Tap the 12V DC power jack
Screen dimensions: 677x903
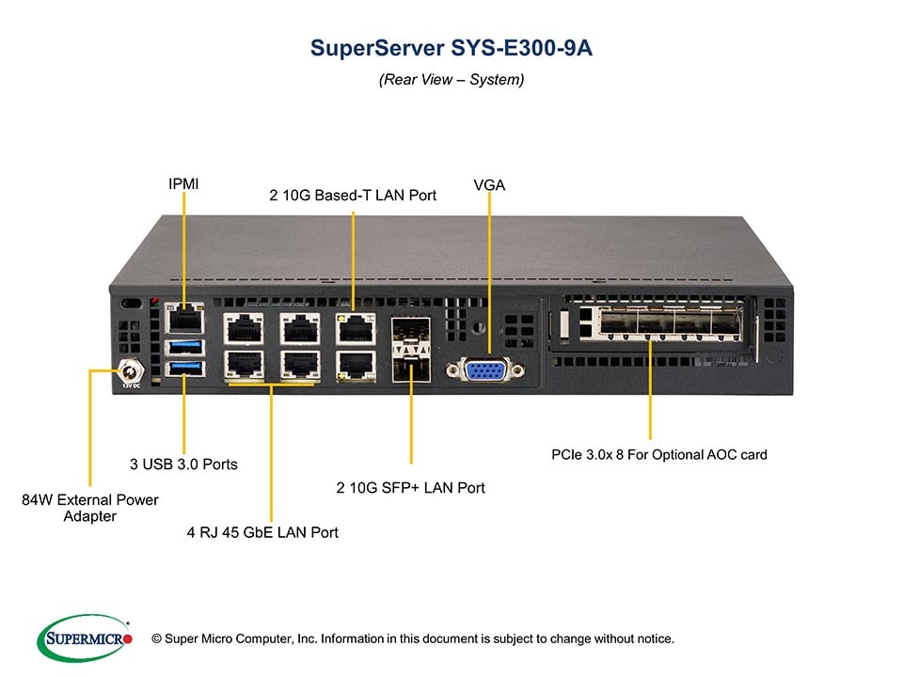click(130, 374)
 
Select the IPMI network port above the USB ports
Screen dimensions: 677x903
click(183, 318)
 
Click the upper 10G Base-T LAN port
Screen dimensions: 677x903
click(354, 329)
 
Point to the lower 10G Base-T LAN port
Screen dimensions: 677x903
click(354, 365)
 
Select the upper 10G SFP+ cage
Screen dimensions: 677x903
click(410, 331)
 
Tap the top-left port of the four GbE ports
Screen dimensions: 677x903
click(242, 329)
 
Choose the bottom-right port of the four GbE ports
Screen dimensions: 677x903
click(298, 365)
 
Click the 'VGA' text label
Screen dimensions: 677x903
click(489, 185)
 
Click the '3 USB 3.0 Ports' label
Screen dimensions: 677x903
click(183, 464)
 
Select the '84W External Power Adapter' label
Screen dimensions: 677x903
click(90, 508)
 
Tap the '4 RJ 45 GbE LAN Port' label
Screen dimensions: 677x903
click(262, 532)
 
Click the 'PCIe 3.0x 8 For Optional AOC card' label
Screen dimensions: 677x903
click(658, 454)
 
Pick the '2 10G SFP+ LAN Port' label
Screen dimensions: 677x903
click(411, 488)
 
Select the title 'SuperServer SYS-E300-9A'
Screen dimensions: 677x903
click(451, 49)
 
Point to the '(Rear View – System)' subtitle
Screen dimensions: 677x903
click(451, 80)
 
